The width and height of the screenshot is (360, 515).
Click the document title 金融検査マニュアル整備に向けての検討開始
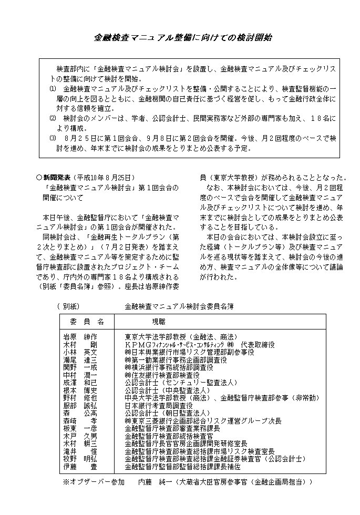pos(183,38)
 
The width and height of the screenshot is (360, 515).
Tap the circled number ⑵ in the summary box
pos(52,118)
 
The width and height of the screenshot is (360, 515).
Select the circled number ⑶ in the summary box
pos(52,138)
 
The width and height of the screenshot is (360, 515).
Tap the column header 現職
pos(158,321)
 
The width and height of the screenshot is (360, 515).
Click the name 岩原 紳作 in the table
pos(80,336)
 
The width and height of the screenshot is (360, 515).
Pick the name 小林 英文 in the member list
pos(80,352)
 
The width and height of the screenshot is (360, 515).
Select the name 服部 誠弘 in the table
pos(80,406)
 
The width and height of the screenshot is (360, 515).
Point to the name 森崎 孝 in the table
pos(80,421)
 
